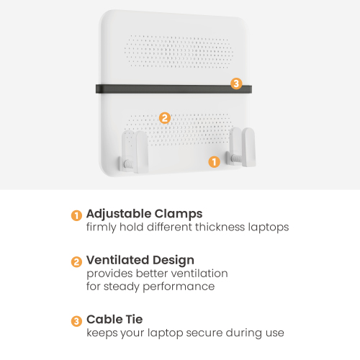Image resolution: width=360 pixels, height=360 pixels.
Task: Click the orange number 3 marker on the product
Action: [236, 84]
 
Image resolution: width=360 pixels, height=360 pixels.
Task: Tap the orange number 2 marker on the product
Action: [165, 118]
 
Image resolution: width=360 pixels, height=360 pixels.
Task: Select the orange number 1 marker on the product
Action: [214, 162]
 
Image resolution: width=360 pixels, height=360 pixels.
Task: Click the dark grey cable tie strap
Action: [174, 89]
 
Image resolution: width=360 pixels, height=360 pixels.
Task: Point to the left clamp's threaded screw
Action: [128, 164]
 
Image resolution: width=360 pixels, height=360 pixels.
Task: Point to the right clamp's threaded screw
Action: [236, 158]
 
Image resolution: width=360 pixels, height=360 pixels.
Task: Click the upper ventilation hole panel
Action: [179, 51]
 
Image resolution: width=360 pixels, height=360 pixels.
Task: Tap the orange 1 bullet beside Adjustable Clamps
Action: [76, 215]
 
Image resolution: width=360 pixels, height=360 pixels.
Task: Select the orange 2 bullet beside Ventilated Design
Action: [76, 262]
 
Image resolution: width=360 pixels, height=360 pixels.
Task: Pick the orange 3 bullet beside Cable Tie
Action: [76, 321]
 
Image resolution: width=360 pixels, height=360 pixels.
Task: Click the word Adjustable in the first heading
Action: [119, 214]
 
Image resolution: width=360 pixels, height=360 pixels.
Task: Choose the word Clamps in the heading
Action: [179, 214]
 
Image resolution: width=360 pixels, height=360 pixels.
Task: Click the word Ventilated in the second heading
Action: [117, 260]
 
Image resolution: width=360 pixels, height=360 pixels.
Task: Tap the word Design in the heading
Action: [174, 261]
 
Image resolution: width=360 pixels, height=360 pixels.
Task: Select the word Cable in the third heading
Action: [104, 319]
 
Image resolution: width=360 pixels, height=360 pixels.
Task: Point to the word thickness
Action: [220, 227]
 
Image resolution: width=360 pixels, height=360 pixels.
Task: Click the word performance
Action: [179, 287]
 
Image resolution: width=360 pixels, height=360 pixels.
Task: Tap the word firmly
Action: [102, 228]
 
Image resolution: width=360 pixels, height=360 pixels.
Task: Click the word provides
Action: [109, 274]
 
